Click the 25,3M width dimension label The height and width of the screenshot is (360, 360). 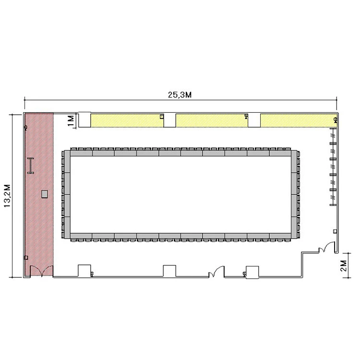[x=180, y=95]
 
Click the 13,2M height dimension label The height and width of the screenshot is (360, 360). [x=8, y=196]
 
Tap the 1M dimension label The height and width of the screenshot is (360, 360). [x=71, y=121]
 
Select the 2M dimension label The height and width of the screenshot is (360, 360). [x=344, y=265]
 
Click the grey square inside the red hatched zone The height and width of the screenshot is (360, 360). [x=45, y=194]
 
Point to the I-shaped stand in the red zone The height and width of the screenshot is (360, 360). [x=31, y=166]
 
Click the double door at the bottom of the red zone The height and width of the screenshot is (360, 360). [x=42, y=271]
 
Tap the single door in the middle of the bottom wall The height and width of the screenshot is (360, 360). [x=216, y=272]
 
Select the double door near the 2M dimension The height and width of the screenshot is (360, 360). [x=326, y=247]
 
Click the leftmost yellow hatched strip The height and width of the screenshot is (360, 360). [x=127, y=120]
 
